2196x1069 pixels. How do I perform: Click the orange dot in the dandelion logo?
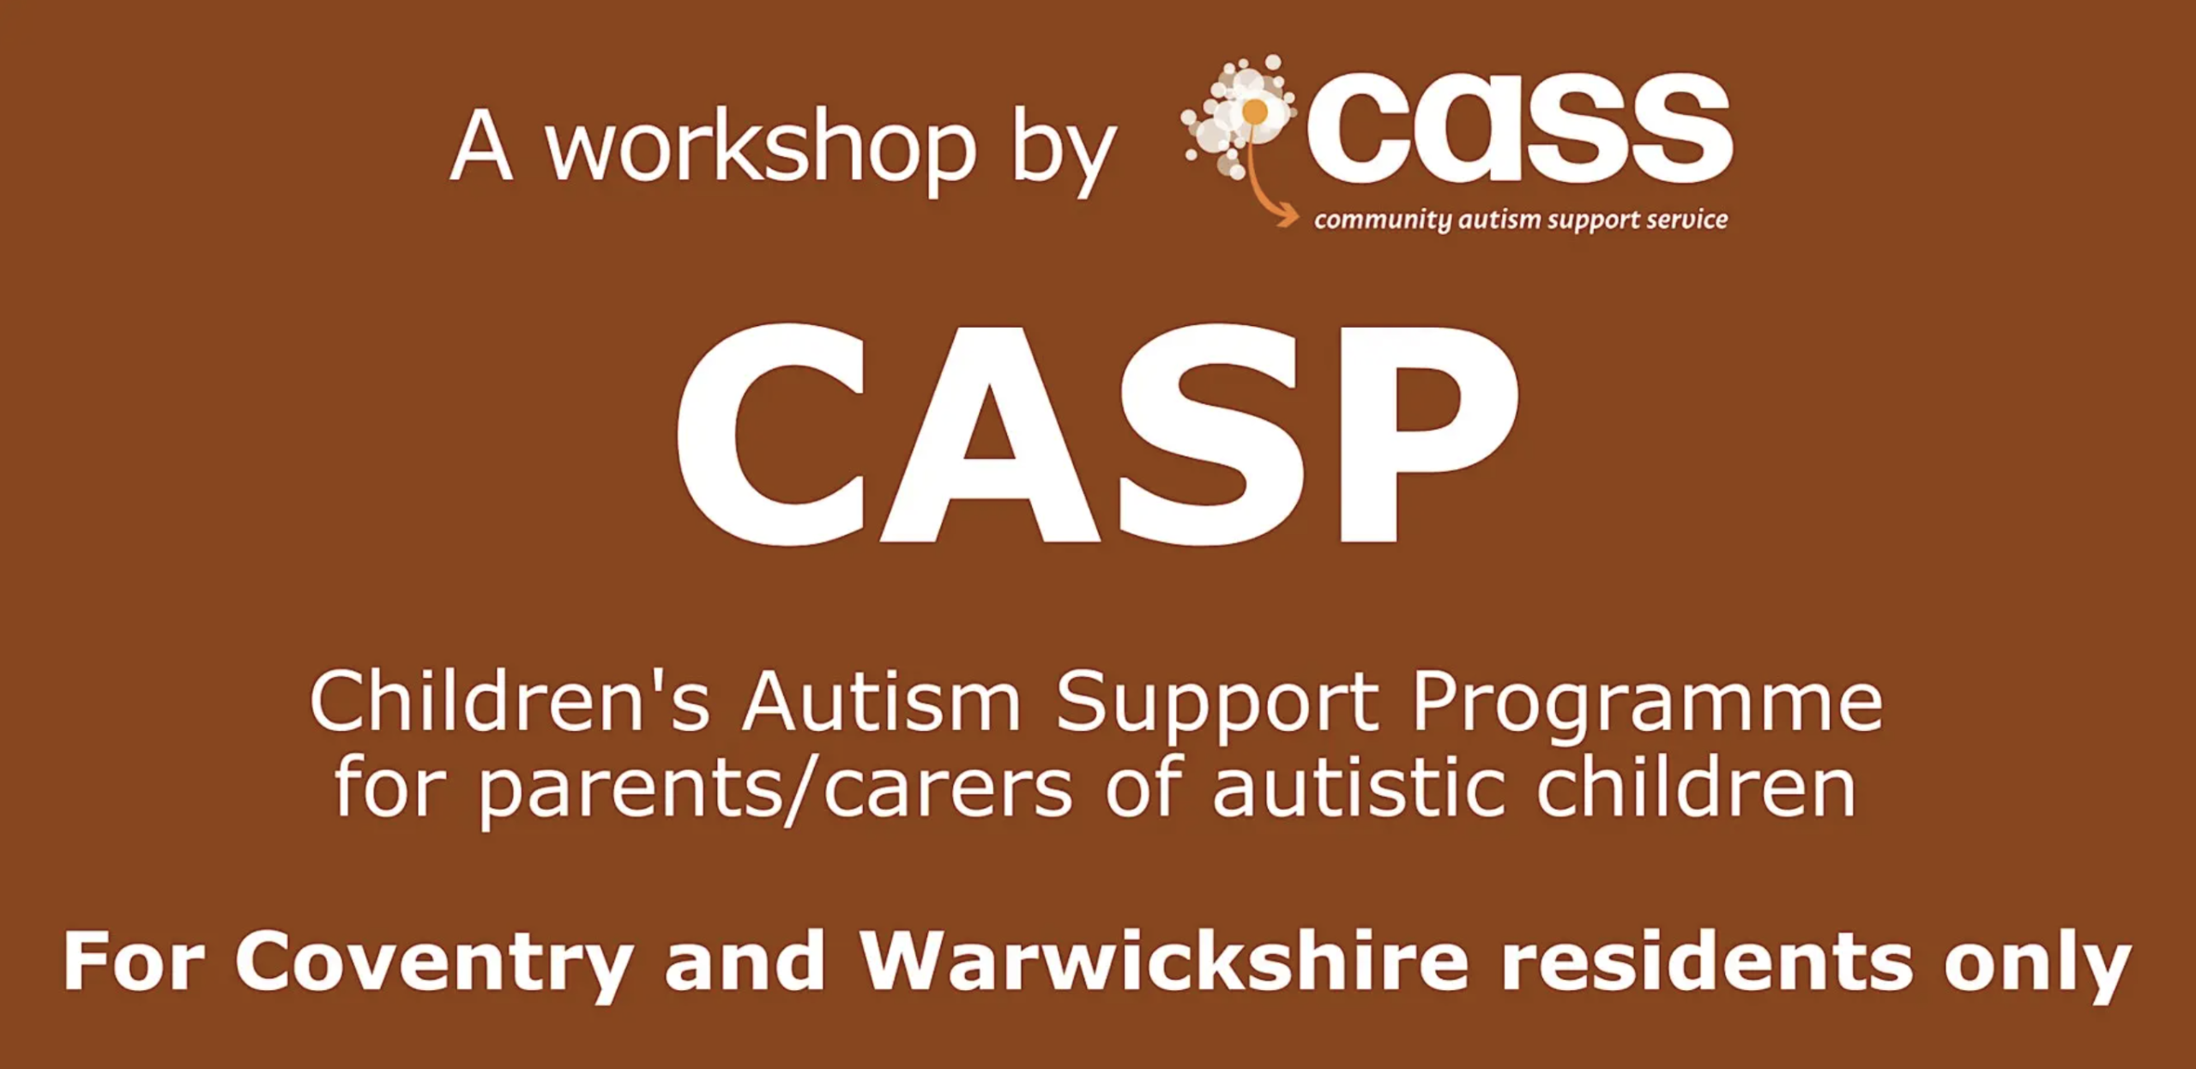coord(1255,112)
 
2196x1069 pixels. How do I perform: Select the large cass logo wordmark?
coord(1519,128)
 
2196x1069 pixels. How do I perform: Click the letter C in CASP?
coord(772,434)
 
